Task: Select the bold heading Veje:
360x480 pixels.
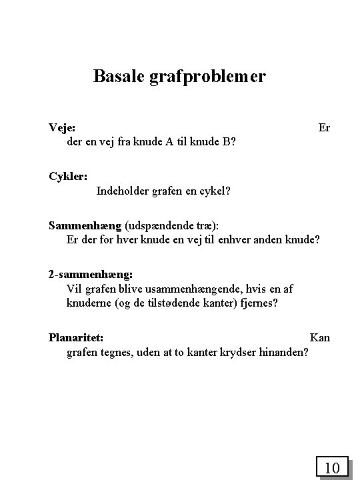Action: point(62,127)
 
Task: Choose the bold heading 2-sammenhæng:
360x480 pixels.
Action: point(91,274)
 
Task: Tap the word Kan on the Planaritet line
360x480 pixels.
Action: point(320,337)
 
